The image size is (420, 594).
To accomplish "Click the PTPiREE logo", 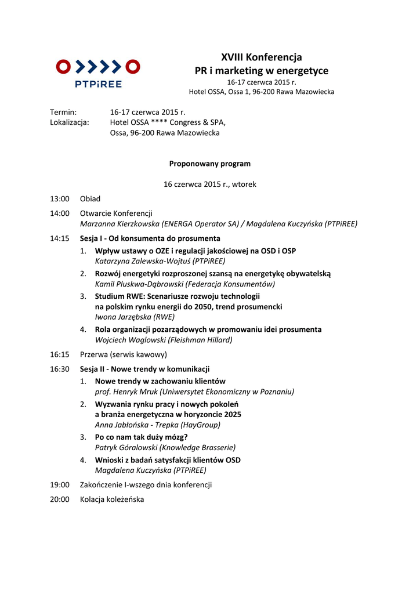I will tap(98, 73).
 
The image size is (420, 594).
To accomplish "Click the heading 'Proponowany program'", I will tap(209, 164).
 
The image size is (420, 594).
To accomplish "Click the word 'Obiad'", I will tap(90, 199).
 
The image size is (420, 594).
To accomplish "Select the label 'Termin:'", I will tap(64, 112).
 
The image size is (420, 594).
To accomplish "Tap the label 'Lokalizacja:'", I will tap(70, 122).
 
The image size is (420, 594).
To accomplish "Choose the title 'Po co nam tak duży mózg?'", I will tap(141, 437).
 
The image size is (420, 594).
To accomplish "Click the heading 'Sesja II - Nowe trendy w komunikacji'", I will tap(144, 369).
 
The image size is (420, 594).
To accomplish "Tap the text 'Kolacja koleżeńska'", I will tap(112, 499).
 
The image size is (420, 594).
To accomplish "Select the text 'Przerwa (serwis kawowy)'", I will tap(123, 354).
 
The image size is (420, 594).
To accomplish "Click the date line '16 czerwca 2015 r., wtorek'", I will tap(209, 184).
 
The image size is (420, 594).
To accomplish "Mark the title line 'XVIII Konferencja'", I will tap(261, 57).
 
